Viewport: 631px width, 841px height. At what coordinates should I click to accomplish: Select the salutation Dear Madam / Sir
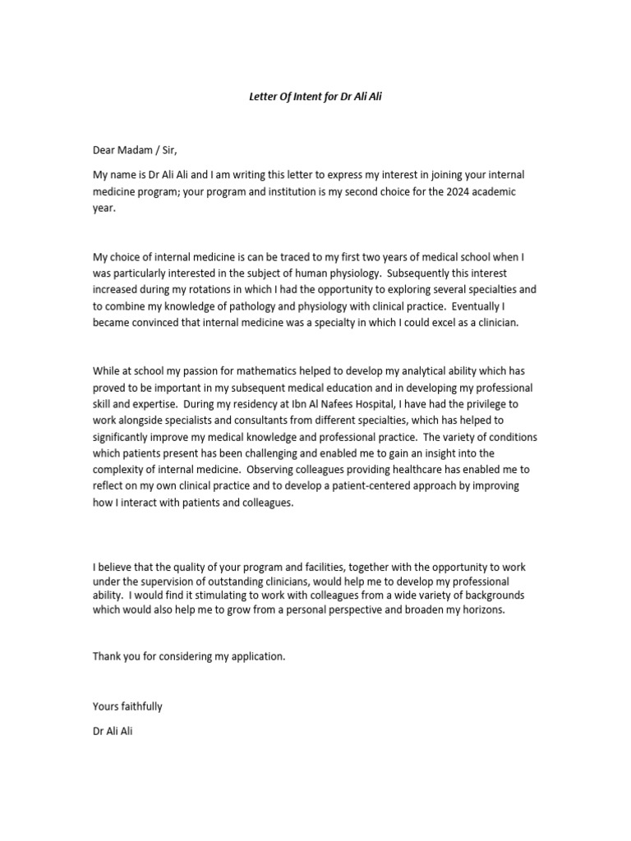(134, 149)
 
